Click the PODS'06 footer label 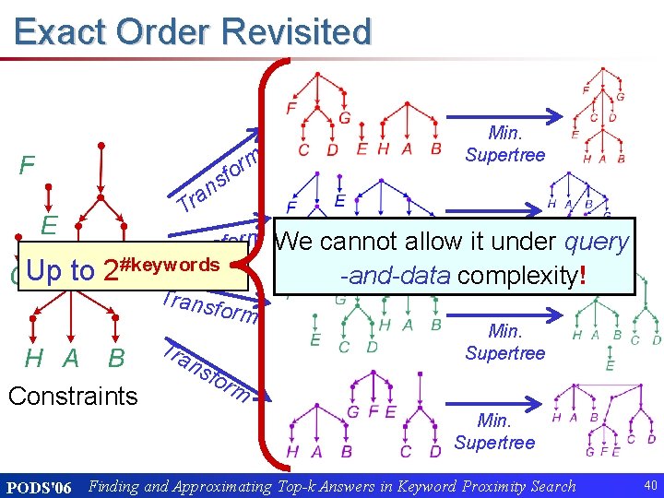[39, 486]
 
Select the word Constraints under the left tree [72, 397]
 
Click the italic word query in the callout [596, 242]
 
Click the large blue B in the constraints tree [117, 358]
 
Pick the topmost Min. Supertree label [504, 144]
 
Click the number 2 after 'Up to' [110, 271]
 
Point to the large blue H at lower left [34, 358]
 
